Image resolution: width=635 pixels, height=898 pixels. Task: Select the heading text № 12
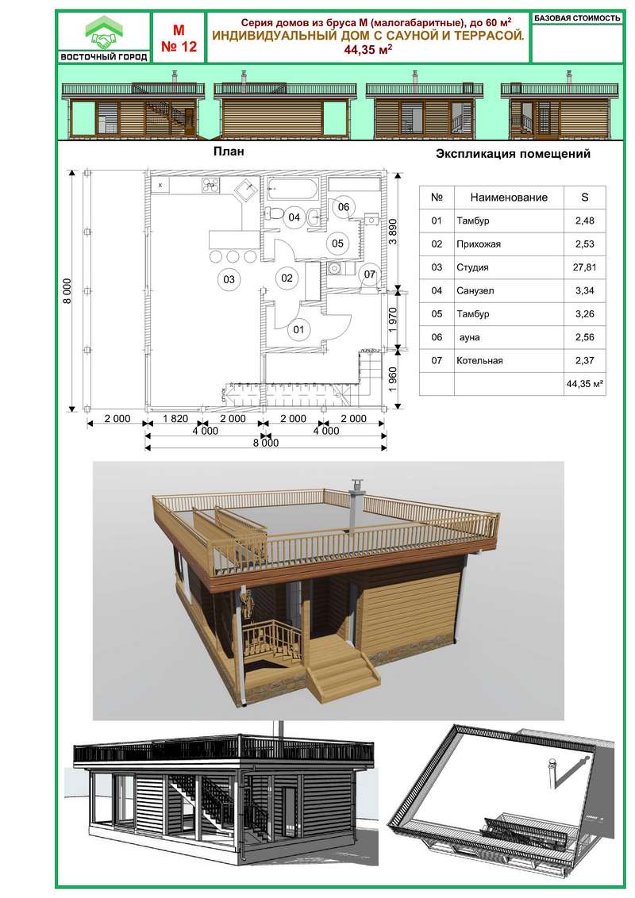179,46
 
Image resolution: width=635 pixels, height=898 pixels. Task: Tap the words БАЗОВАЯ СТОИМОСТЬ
577,18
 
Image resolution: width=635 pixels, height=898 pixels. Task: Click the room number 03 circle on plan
229,279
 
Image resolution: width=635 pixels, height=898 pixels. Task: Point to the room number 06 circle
343,207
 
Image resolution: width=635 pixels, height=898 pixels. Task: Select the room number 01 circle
298,329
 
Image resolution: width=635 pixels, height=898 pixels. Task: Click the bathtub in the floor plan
292,189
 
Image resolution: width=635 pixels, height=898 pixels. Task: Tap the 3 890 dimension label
393,231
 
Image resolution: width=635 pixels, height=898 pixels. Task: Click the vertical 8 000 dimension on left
67,291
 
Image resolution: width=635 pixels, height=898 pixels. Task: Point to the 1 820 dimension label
175,419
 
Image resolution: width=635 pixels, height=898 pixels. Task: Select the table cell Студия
473,267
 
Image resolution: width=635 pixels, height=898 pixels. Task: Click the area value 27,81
584,267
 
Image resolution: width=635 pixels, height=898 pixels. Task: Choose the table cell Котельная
479,361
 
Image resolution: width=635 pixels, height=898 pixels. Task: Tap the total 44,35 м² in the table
584,384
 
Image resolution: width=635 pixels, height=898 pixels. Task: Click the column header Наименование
509,198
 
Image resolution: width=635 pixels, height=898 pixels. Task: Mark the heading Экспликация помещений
513,153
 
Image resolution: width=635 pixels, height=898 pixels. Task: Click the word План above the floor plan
229,152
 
